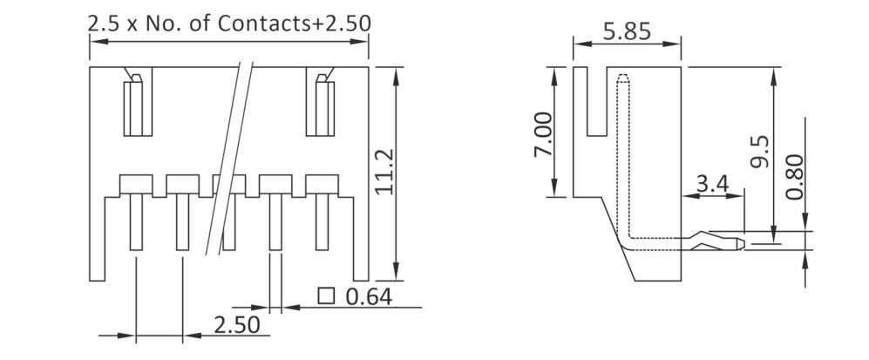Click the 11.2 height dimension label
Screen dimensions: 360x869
coord(385,170)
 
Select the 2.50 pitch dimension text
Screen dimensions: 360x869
coord(237,325)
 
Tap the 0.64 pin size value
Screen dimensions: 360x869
coord(369,297)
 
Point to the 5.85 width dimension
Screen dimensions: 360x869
coord(626,32)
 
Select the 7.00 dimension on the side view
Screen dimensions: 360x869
coord(541,134)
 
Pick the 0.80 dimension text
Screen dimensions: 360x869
coord(794,176)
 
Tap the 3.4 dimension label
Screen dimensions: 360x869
coord(712,184)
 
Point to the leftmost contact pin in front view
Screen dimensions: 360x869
coord(136,222)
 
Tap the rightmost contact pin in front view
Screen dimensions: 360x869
coord(321,222)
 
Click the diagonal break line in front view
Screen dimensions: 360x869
coord(229,157)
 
